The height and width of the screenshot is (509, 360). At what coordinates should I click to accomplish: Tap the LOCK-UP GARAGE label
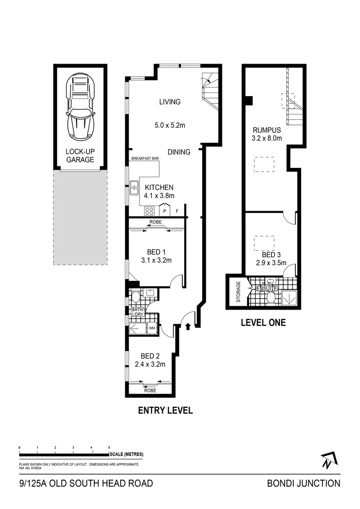click(x=80, y=156)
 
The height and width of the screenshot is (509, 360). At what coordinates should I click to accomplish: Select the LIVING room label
click(x=170, y=102)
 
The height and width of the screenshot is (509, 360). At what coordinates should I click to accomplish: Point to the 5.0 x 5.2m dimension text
click(x=170, y=126)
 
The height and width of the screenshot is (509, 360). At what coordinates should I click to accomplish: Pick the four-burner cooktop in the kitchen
click(x=149, y=211)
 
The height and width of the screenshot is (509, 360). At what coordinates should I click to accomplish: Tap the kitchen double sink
click(x=134, y=188)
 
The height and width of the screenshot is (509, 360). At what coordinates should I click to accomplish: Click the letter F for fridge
click(x=177, y=212)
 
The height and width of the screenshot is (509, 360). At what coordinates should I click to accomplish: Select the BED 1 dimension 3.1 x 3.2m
click(x=156, y=260)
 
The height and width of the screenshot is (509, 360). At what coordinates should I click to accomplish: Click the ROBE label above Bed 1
click(x=155, y=222)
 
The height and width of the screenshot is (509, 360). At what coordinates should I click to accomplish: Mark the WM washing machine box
click(x=152, y=328)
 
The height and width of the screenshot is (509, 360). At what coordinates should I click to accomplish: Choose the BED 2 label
click(x=150, y=356)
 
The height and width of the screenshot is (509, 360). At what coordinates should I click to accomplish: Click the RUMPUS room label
click(x=267, y=131)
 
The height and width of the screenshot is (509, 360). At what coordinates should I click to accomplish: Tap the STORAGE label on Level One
click(x=238, y=292)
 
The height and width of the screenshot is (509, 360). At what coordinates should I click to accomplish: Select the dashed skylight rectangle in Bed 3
click(x=264, y=243)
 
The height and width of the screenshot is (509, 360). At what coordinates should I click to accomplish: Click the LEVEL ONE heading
click(x=263, y=323)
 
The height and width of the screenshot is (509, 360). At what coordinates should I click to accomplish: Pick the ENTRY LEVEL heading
click(x=165, y=410)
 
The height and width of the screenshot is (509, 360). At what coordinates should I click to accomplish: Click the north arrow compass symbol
click(x=327, y=460)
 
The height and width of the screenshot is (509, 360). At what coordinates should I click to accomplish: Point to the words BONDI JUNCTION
click(x=303, y=483)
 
